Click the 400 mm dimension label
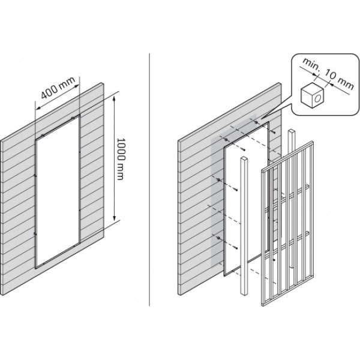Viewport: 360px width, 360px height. [58, 88]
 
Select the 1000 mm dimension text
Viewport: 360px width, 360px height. [121, 158]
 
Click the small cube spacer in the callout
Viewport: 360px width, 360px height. [312, 95]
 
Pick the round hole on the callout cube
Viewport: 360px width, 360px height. [318, 98]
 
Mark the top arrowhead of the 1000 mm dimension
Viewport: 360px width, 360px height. [115, 98]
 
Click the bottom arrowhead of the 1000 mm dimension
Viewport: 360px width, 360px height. [115, 217]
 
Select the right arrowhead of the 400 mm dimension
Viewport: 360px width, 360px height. [76, 86]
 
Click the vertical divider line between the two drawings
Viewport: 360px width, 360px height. [149, 179]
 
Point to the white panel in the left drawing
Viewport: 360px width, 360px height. [58, 192]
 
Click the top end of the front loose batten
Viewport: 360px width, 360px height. [244, 158]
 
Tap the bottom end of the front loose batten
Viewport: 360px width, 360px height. [244, 293]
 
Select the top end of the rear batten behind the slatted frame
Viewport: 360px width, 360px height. [292, 131]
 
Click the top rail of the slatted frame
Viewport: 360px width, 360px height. [287, 155]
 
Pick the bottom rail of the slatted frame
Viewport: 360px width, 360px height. [287, 291]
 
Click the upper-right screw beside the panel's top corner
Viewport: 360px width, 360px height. [273, 133]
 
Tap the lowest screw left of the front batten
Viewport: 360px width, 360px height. [235, 247]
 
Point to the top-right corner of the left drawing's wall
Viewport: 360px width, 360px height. [103, 83]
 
